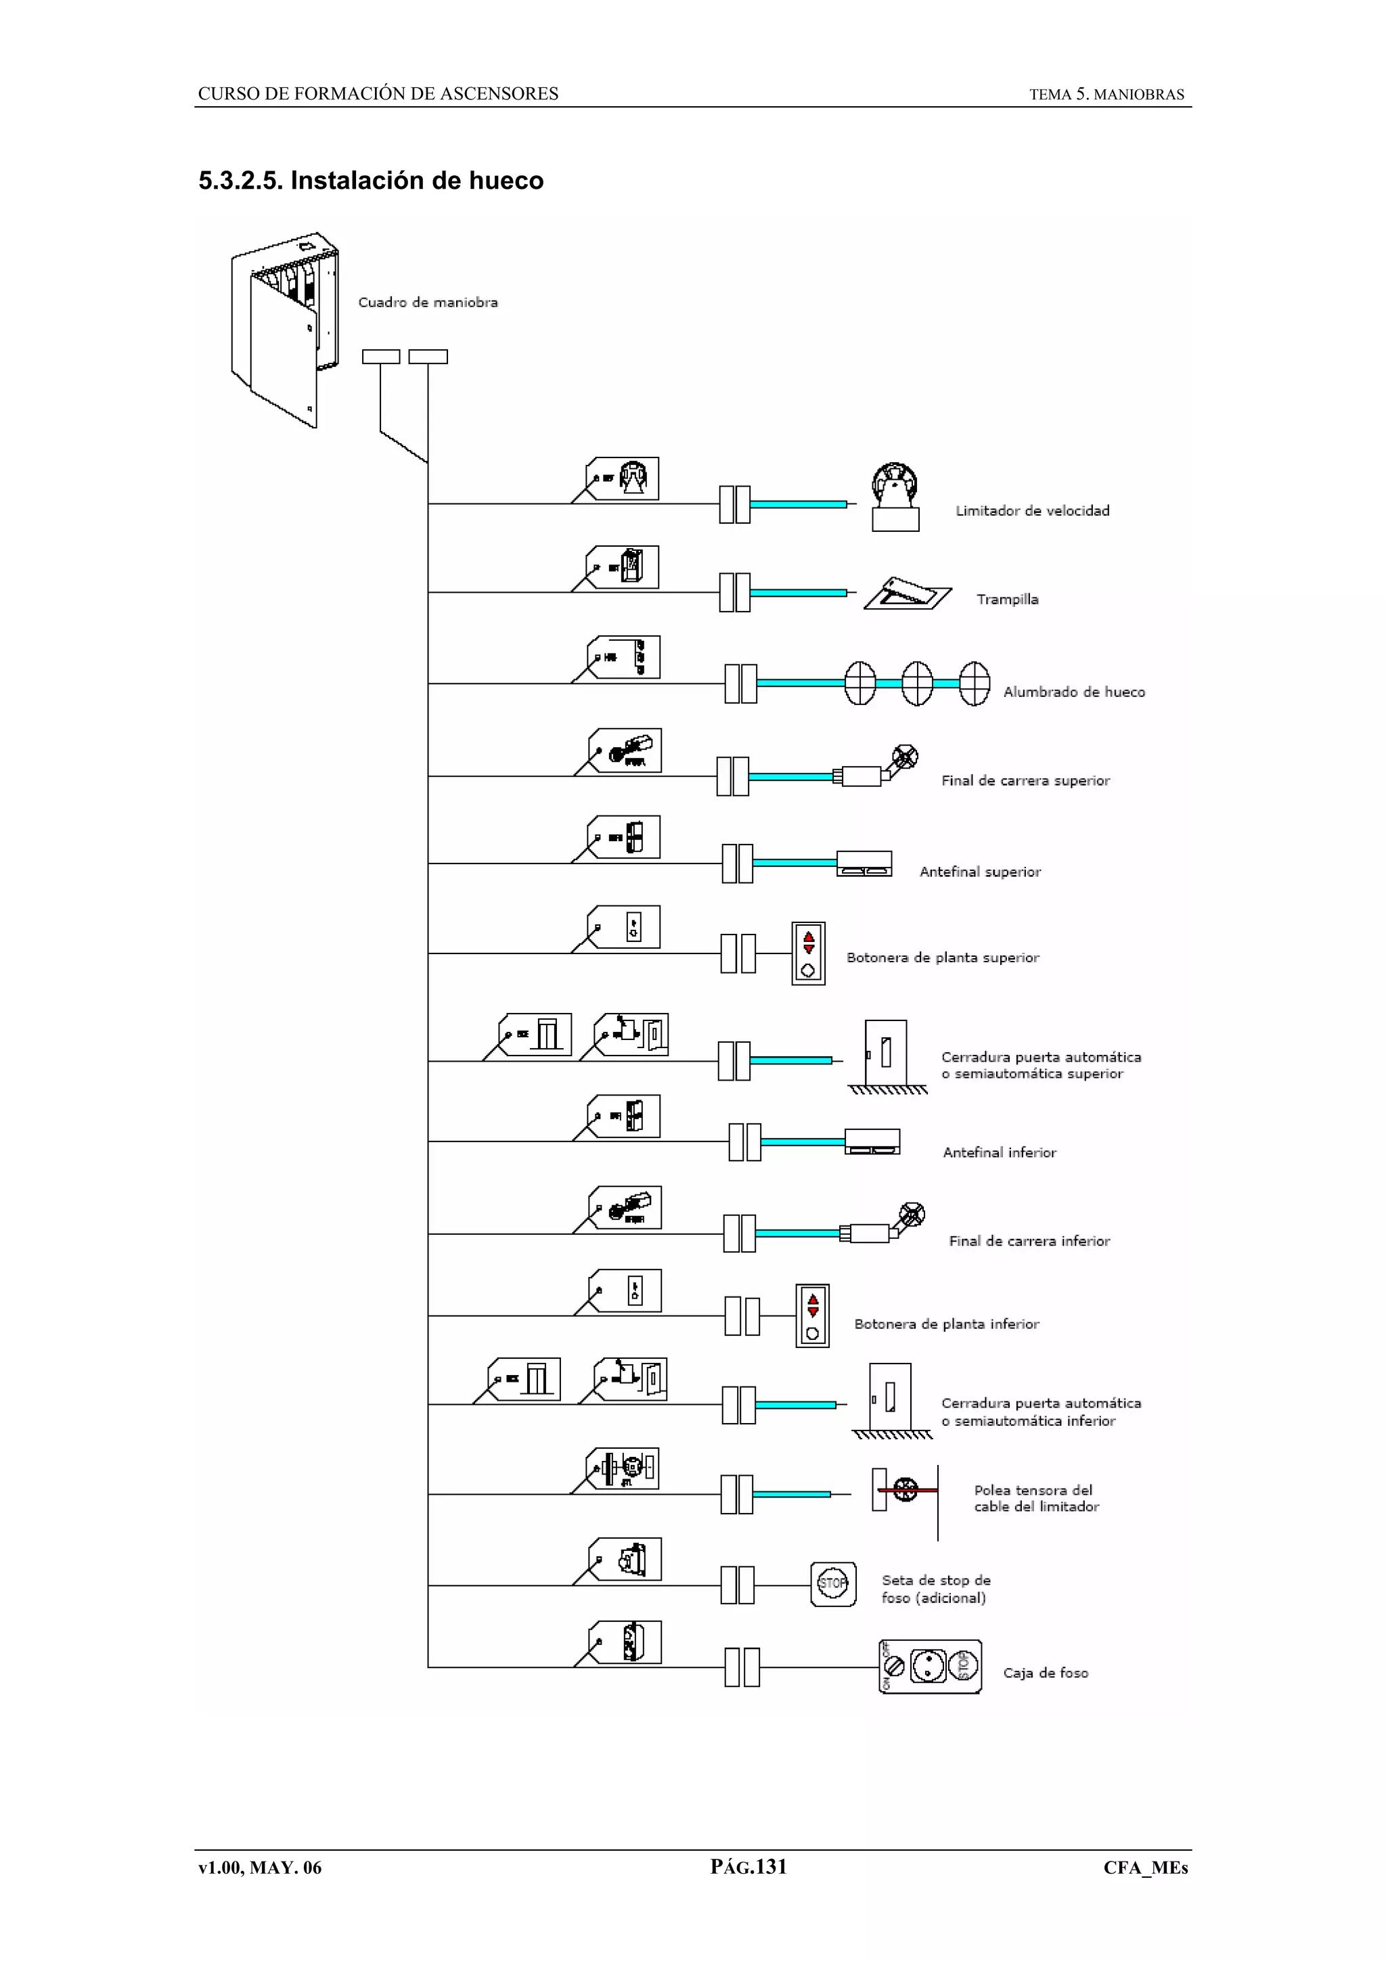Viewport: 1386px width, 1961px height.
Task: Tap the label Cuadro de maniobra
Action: click(x=427, y=302)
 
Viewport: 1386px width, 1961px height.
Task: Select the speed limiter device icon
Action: click(x=895, y=497)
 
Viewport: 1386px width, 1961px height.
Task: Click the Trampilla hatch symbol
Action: click(x=907, y=593)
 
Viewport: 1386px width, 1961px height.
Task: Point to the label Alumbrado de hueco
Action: click(x=1073, y=692)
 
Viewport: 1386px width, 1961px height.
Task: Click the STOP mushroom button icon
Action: click(x=832, y=1583)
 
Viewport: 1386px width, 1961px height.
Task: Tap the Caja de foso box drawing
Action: click(x=930, y=1667)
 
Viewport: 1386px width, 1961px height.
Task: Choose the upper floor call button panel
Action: click(x=808, y=953)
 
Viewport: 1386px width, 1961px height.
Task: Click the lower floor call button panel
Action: click(x=812, y=1315)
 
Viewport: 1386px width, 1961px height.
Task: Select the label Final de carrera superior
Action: click(x=1025, y=781)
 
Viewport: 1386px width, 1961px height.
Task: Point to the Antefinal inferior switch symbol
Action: click(x=872, y=1141)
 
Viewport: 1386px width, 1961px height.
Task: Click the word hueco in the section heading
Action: click(x=506, y=181)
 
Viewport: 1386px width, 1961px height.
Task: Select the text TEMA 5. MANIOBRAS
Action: click(x=1106, y=95)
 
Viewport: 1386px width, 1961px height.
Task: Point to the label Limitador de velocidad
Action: click(x=1031, y=511)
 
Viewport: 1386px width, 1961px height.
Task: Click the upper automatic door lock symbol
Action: click(x=886, y=1054)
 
